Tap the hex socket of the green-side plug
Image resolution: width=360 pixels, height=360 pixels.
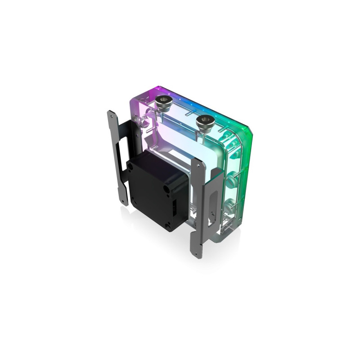(205, 120)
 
